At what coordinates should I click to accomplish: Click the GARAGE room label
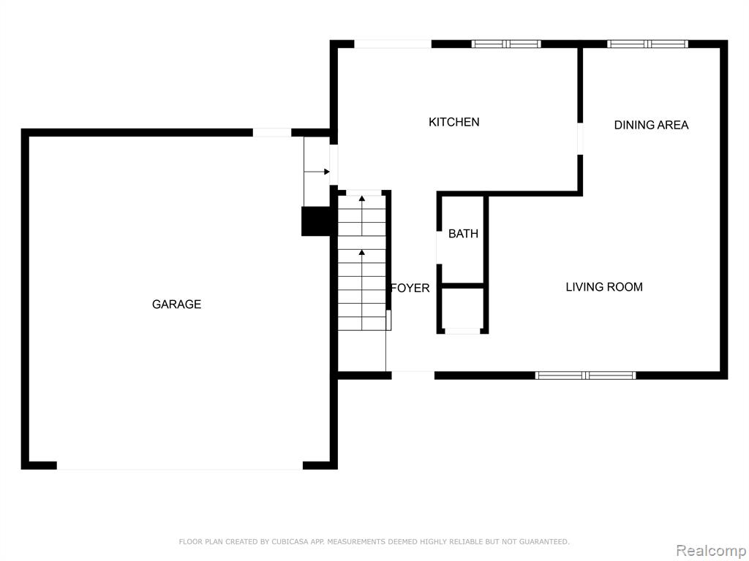[176, 304]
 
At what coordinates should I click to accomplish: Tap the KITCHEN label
[453, 122]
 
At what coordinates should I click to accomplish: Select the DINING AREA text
[651, 125]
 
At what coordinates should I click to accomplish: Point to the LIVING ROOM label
[603, 286]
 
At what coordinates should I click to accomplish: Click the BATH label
[463, 234]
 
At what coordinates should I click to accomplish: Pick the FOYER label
[410, 288]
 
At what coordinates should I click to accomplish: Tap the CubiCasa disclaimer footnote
[374, 541]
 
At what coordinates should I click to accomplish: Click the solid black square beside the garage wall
[316, 221]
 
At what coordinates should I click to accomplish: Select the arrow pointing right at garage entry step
[317, 172]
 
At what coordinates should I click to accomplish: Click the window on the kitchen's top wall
[506, 44]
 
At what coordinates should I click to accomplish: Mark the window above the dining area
[648, 44]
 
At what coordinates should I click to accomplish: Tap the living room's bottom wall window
[586, 375]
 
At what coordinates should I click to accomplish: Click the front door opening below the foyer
[413, 375]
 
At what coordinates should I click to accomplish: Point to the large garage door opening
[180, 465]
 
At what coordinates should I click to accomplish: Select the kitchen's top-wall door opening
[393, 44]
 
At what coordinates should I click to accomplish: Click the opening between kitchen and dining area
[580, 139]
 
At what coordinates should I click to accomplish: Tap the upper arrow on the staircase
[362, 215]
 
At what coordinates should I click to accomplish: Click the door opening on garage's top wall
[272, 133]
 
